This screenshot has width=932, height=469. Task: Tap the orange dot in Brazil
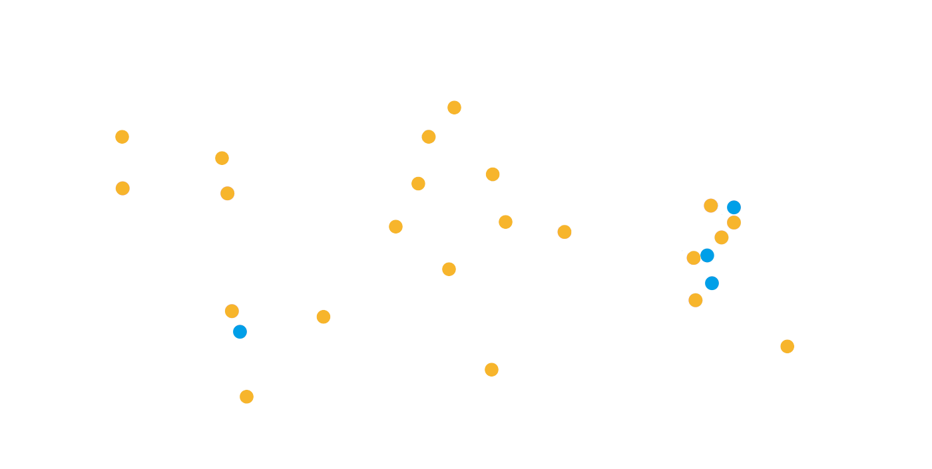point(324,317)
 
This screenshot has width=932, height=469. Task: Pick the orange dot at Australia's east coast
point(787,346)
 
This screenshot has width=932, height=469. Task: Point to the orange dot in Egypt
point(505,222)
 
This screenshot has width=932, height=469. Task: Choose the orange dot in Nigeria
point(449,269)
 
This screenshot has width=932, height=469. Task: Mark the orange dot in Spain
point(418,184)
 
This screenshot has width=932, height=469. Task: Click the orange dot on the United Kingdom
point(429,136)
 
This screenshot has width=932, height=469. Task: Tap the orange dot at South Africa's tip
point(491,369)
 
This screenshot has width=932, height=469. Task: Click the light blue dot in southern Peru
point(240,331)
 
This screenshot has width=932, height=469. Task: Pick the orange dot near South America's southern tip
point(246,396)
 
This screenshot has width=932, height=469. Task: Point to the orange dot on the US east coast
point(227,193)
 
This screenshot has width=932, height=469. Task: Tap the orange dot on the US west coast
point(122,188)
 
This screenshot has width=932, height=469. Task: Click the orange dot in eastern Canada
point(222,158)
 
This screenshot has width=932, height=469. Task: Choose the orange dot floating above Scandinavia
point(454,107)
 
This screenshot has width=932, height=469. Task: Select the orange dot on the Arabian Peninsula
point(565,232)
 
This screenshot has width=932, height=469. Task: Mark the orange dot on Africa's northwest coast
point(395,226)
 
